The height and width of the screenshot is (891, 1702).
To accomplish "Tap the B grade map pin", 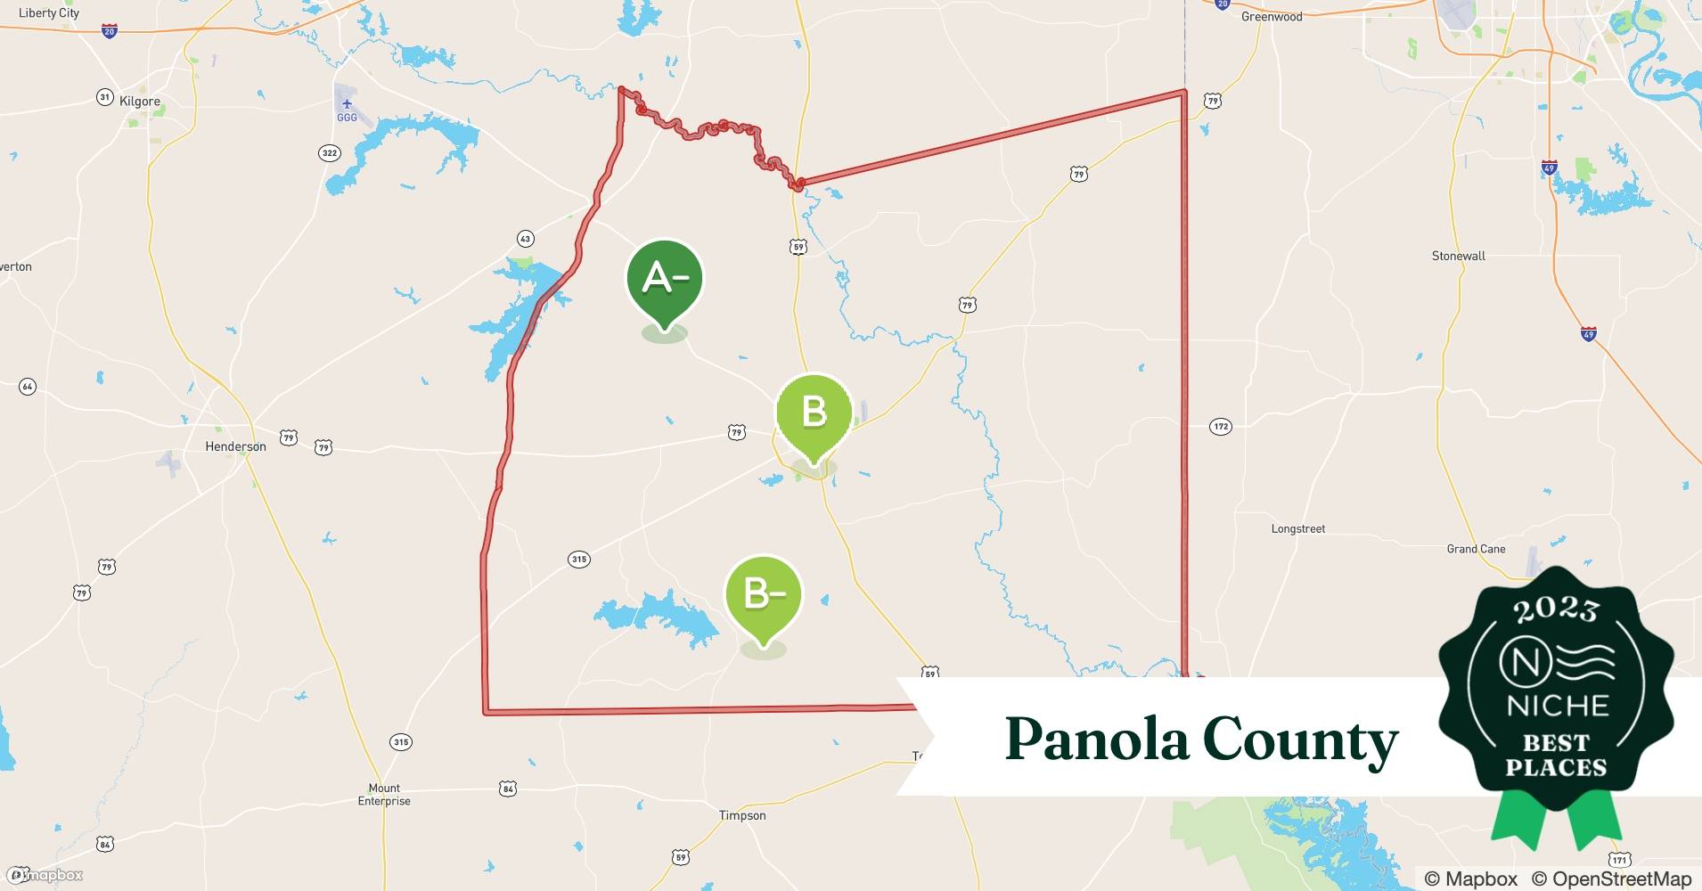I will pyautogui.click(x=813, y=413).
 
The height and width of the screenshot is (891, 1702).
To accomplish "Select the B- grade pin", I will pyautogui.click(x=764, y=594).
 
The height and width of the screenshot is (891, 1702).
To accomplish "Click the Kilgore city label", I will pyautogui.click(x=140, y=102).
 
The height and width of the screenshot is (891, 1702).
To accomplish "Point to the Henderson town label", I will pyautogui.click(x=235, y=446).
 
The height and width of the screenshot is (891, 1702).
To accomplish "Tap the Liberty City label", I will pyautogui.click(x=49, y=12).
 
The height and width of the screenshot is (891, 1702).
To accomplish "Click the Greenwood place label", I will pyautogui.click(x=1272, y=17).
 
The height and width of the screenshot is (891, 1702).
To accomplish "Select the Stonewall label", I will pyautogui.click(x=1458, y=256).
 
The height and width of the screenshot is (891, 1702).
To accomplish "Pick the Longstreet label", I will pyautogui.click(x=1297, y=528).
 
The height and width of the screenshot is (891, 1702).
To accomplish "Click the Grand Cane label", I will pyautogui.click(x=1476, y=549).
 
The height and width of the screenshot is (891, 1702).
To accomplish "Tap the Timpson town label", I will pyautogui.click(x=742, y=815).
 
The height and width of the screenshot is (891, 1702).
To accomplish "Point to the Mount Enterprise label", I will pyautogui.click(x=384, y=795).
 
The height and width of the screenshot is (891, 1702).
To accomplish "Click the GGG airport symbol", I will pyautogui.click(x=347, y=105).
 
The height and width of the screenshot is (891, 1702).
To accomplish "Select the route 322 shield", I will pyautogui.click(x=330, y=153).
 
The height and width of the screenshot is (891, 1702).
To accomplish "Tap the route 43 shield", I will pyautogui.click(x=525, y=239).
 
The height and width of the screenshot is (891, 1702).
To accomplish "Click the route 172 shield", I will pyautogui.click(x=1220, y=427).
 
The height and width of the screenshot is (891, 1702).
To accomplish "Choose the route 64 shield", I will pyautogui.click(x=28, y=387).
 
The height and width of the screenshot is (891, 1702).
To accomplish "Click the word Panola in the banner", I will pyautogui.click(x=1095, y=740).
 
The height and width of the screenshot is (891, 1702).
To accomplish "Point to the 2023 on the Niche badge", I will pyautogui.click(x=1556, y=609).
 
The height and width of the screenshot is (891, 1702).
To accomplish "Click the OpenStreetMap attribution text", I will pyautogui.click(x=1612, y=879).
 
